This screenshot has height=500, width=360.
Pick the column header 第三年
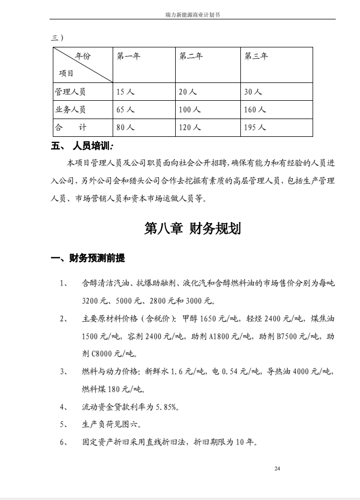[x=256, y=56]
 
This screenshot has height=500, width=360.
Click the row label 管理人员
[x=70, y=92]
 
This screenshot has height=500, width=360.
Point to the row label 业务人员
[x=70, y=109]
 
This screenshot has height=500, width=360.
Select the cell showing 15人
[x=125, y=92]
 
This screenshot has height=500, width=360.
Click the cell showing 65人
[x=125, y=109]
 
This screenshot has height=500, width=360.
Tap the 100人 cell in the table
[x=190, y=109]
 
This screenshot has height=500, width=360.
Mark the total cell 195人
[x=255, y=128]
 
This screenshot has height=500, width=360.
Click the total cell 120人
[x=190, y=128]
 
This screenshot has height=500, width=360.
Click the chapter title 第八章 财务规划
[x=192, y=228]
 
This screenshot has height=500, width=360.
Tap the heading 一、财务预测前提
[x=88, y=259]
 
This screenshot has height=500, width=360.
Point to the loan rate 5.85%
[x=166, y=407]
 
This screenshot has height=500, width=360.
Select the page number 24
[x=277, y=469]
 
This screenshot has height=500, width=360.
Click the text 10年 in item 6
[x=245, y=442]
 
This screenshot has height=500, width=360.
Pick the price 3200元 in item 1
[x=94, y=301]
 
